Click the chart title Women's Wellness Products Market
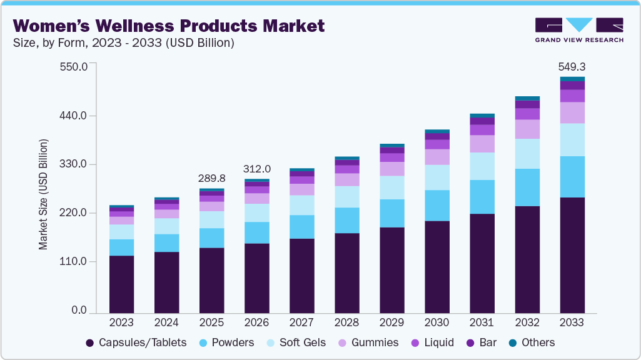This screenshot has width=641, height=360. click(x=169, y=26)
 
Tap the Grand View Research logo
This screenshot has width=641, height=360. click(x=579, y=30)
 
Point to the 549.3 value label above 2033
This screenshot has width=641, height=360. click(x=572, y=66)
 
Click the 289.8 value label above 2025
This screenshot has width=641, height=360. click(x=211, y=178)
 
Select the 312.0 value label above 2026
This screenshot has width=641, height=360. click(x=257, y=169)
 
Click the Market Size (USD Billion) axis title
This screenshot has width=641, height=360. click(x=43, y=194)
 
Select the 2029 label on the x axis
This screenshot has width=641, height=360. click(x=391, y=322)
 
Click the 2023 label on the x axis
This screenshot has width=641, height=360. click(x=121, y=322)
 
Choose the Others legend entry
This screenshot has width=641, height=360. click(x=531, y=342)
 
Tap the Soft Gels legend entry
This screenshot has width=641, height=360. click(x=294, y=342)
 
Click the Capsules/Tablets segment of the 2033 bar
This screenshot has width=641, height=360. click(x=572, y=255)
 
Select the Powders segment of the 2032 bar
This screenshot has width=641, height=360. click(x=527, y=187)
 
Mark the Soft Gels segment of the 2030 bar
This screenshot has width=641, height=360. click(x=437, y=177)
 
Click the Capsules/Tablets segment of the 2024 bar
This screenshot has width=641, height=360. click(x=166, y=282)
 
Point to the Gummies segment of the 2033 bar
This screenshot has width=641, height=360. click(x=572, y=112)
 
